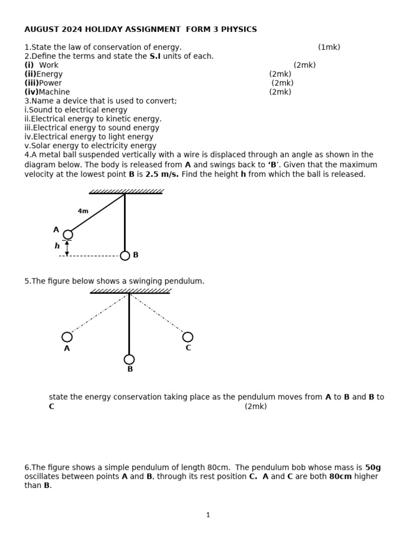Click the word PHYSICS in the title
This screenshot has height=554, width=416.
point(238,29)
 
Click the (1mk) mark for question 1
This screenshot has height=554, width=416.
point(329,47)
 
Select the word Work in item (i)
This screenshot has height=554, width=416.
point(49,65)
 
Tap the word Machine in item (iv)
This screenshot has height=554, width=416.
point(54,92)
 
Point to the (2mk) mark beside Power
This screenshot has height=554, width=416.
point(282,83)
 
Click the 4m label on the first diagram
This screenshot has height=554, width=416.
point(83,211)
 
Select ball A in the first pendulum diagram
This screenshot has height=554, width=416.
point(68,234)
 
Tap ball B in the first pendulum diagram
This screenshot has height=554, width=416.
point(125,255)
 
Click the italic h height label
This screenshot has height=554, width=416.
point(57,246)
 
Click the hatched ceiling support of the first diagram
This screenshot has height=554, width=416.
point(126,192)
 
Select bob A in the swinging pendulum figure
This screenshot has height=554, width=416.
point(67,337)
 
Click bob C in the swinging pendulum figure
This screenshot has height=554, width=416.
point(188,337)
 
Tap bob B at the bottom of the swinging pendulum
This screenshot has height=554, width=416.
point(129,359)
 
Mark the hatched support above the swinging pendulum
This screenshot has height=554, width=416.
point(130,291)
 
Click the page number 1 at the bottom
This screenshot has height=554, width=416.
point(208,515)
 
